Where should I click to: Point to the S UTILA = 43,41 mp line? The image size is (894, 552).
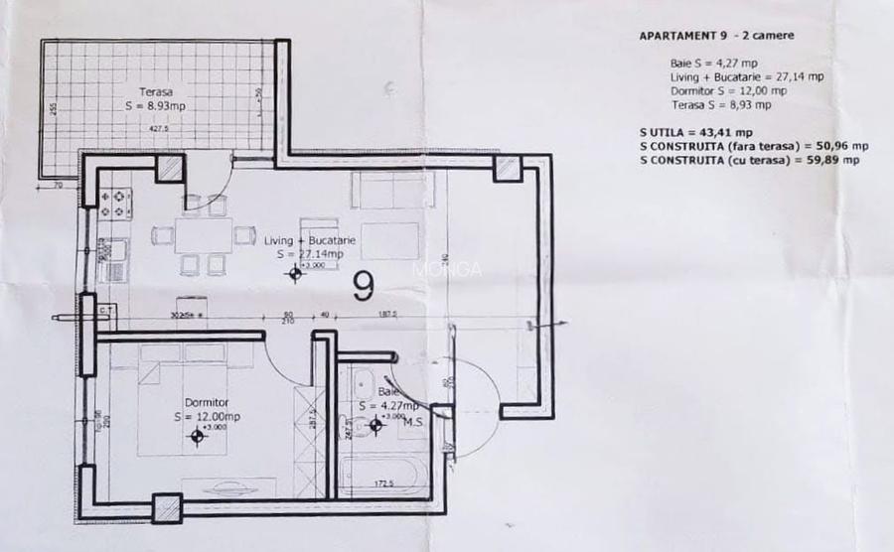coord(696,131)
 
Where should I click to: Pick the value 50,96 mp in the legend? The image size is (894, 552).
coord(843,145)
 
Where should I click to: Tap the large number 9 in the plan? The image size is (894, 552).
coord(364,287)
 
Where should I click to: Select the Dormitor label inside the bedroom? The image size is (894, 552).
coord(207,402)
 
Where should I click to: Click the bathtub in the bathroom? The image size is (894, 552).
coord(382,473)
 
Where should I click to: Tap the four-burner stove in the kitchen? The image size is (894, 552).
coord(115,202)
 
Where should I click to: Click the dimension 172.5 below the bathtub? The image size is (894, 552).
coord(386,484)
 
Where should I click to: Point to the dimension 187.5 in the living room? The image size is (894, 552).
coord(387,315)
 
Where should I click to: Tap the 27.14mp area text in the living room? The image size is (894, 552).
coord(319,254)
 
